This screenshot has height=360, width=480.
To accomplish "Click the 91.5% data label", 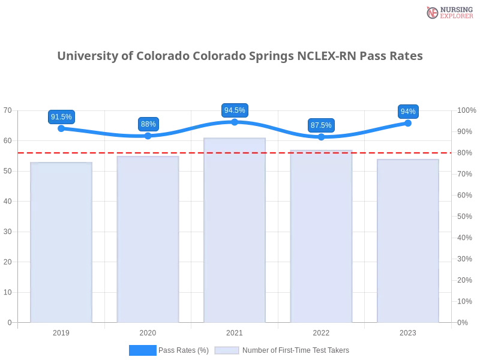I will click(61, 117).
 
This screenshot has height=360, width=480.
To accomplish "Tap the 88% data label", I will click(148, 124).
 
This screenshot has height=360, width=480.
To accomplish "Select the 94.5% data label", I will click(235, 110).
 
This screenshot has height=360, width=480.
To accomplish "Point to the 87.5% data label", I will click(321, 125).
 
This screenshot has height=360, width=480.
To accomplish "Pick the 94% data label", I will click(408, 112).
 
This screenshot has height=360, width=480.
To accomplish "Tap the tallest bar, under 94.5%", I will click(235, 231).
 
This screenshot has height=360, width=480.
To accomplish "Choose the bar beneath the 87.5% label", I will click(322, 236).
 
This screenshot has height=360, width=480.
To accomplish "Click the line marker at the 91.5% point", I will click(61, 128).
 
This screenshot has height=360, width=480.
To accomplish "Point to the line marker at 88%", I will click(148, 136).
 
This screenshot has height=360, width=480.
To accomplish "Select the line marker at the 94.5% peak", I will click(235, 122).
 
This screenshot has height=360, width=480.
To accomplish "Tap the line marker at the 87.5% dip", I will click(321, 137).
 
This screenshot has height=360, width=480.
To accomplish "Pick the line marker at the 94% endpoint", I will click(408, 123).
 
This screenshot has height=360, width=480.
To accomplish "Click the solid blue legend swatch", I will click(143, 350).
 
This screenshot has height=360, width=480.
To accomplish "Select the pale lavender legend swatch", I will click(227, 350).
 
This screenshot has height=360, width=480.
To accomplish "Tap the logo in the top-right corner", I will click(448, 12).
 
